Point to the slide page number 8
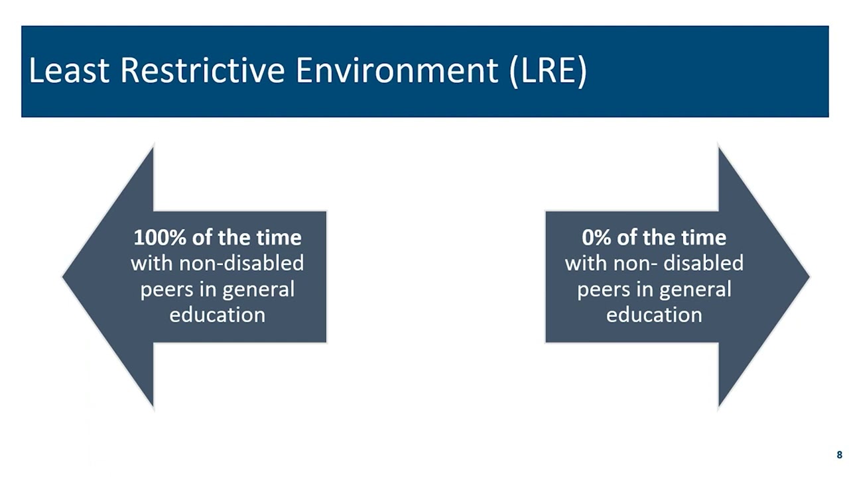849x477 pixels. tap(839, 455)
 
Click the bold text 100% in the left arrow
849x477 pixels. tap(157, 237)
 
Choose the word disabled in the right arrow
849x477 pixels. tap(704, 263)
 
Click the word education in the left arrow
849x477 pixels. tap(217, 314)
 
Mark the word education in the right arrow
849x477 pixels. tap(654, 314)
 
